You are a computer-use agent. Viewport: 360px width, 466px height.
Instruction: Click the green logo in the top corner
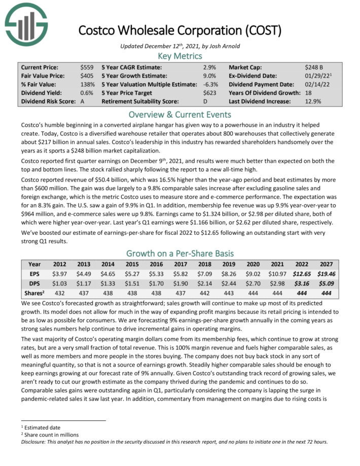[25, 24]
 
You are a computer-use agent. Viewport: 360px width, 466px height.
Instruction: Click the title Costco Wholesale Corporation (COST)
[179, 30]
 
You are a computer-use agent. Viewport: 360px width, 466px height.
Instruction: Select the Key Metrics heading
[180, 56]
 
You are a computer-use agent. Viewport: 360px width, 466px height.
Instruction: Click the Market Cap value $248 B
[315, 67]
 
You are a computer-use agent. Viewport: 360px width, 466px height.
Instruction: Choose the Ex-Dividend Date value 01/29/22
[315, 76]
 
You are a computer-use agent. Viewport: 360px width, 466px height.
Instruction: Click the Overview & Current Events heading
[180, 114]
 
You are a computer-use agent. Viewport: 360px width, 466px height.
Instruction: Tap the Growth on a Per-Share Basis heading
[180, 253]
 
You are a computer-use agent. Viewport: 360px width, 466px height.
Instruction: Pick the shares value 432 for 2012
[59, 291]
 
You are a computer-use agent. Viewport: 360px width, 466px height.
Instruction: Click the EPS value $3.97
[59, 273]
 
